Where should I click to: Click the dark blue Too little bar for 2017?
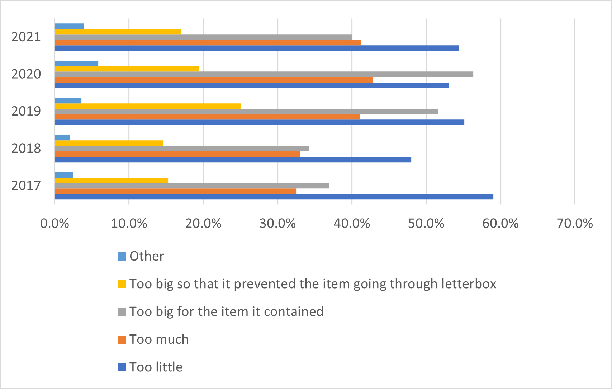(274, 196)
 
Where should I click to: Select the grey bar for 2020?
(264, 74)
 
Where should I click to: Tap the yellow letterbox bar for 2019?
(148, 106)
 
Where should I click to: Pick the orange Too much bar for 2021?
(208, 43)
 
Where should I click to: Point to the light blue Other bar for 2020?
(76, 64)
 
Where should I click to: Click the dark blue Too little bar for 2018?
(233, 159)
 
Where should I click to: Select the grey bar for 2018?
(182, 149)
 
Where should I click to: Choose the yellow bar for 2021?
(118, 32)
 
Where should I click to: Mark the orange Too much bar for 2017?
(176, 191)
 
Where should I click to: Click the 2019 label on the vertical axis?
(26, 111)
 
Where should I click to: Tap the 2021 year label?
(26, 37)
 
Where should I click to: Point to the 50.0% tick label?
(426, 224)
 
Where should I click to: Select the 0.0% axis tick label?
(54, 224)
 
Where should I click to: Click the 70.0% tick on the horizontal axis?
(575, 224)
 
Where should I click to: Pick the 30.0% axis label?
(277, 224)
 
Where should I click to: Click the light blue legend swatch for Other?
(122, 256)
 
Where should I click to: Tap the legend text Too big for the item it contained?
(226, 311)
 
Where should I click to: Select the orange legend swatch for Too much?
(122, 339)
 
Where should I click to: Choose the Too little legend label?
(156, 367)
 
